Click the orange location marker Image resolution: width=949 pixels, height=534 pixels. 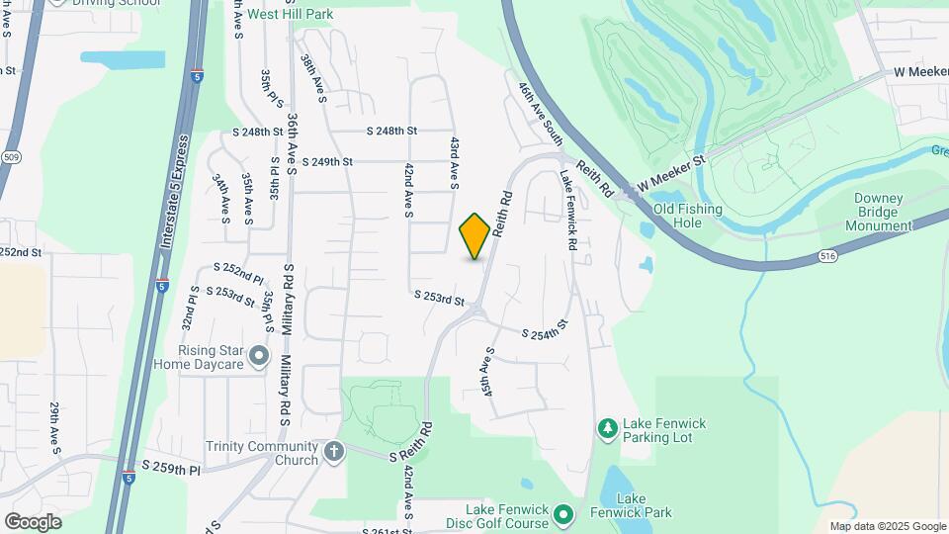(x=474, y=236)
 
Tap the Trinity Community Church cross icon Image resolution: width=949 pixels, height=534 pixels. (x=334, y=452)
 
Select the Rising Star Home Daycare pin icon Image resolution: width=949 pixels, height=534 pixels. (x=259, y=354)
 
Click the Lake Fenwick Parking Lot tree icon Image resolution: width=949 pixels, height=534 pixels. (x=607, y=427)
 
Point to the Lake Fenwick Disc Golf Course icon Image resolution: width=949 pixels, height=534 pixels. (x=563, y=513)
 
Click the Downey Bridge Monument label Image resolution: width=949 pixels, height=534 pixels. (x=878, y=212)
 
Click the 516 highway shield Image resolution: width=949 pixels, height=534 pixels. (x=824, y=256)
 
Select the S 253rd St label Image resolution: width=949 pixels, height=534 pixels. (x=439, y=297)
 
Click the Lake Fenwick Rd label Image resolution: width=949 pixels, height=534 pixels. (x=567, y=210)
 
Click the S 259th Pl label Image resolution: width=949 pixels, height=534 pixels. (x=171, y=467)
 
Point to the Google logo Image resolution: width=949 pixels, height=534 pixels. (x=34, y=521)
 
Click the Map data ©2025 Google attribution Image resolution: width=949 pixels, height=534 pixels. (x=887, y=526)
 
